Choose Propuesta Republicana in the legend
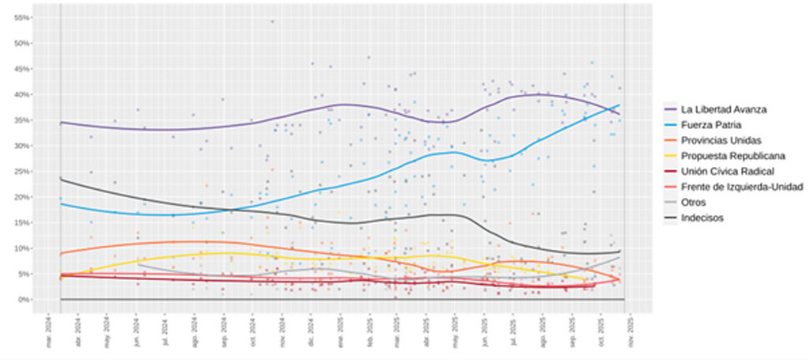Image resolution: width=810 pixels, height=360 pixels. point(732,156)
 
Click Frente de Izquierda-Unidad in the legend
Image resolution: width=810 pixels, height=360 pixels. point(741,187)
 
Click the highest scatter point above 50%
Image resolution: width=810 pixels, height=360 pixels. point(272,21)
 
